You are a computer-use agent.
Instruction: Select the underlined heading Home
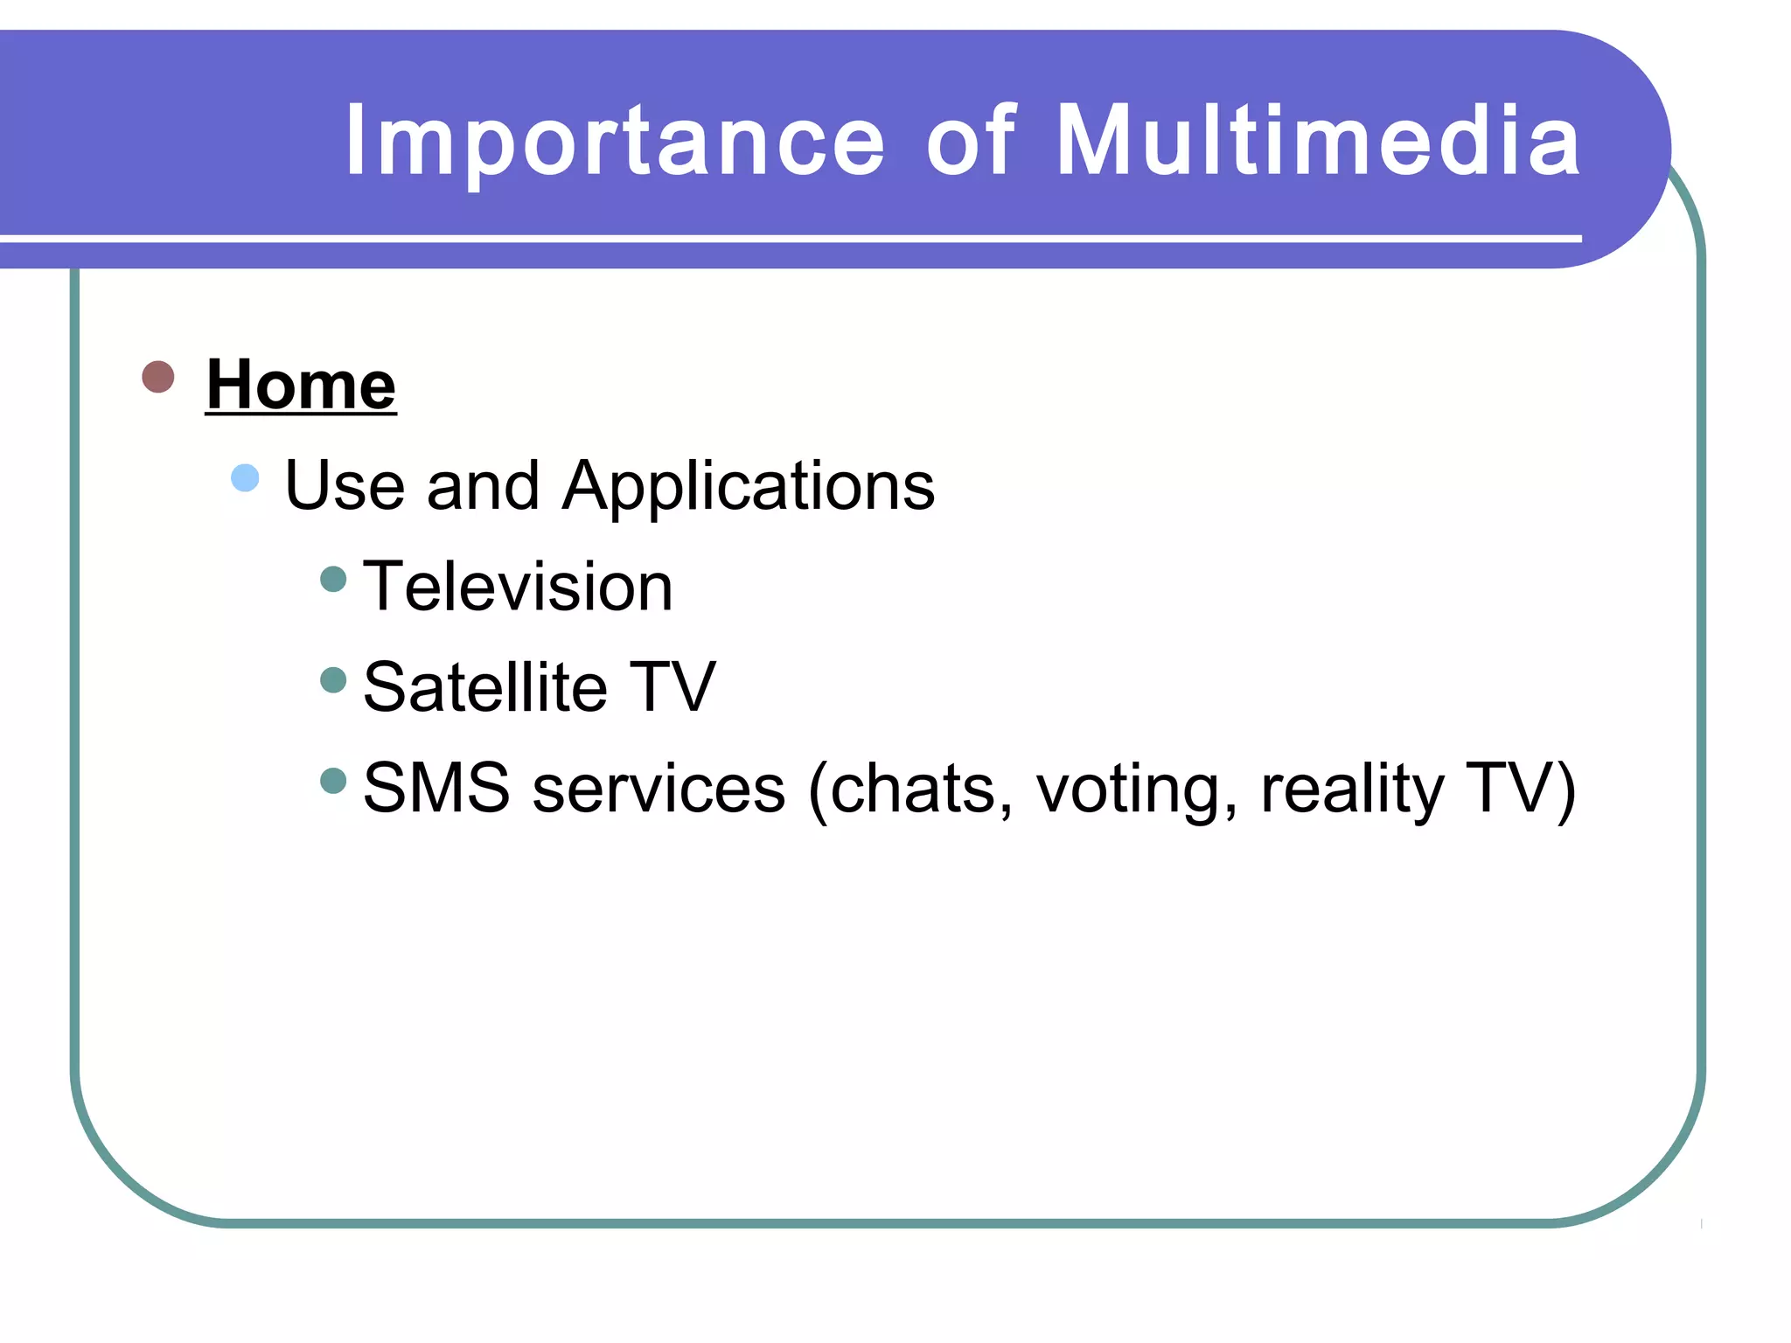pos(301,385)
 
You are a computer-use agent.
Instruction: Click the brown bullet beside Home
pos(158,377)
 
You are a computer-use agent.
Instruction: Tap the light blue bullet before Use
pos(246,478)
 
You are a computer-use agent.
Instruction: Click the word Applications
pos(749,487)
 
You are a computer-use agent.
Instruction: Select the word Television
pos(518,587)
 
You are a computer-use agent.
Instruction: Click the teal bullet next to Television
pos(334,579)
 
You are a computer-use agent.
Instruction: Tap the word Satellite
pos(485,687)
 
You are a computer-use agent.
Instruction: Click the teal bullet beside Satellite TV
pos(334,679)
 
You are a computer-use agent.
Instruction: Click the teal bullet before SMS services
pos(334,780)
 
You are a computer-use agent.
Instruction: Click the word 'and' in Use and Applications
pos(483,487)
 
